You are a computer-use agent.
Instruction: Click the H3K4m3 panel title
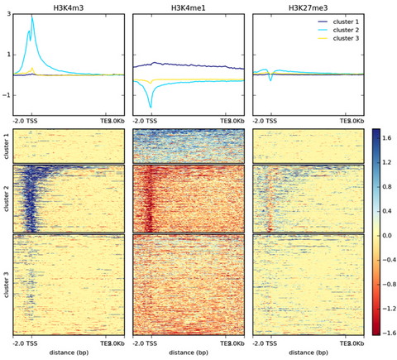pos(68,7)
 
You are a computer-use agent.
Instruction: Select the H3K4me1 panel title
pos(189,7)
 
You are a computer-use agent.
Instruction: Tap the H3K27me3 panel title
pos(309,7)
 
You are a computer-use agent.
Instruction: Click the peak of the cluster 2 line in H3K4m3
pos(32,17)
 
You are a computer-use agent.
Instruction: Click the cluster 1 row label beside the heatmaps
pos(6,146)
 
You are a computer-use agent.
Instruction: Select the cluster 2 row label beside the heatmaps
pos(6,197)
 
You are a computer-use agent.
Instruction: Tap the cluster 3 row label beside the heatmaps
pos(6,283)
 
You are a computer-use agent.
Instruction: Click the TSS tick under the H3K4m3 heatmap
pos(32,343)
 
